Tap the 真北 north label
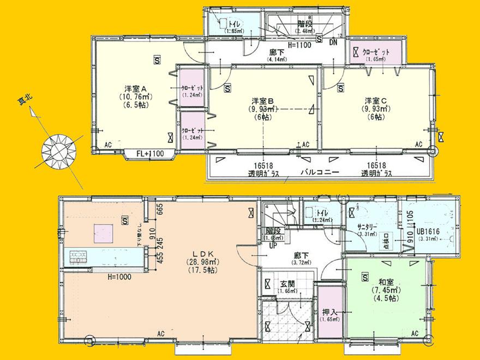click(26, 102)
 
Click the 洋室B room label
click(262, 101)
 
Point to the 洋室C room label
click(376, 101)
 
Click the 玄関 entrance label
click(287, 284)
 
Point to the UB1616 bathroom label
click(428, 231)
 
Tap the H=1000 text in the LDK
click(119, 277)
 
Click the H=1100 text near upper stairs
click(299, 46)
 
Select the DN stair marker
click(333, 45)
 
